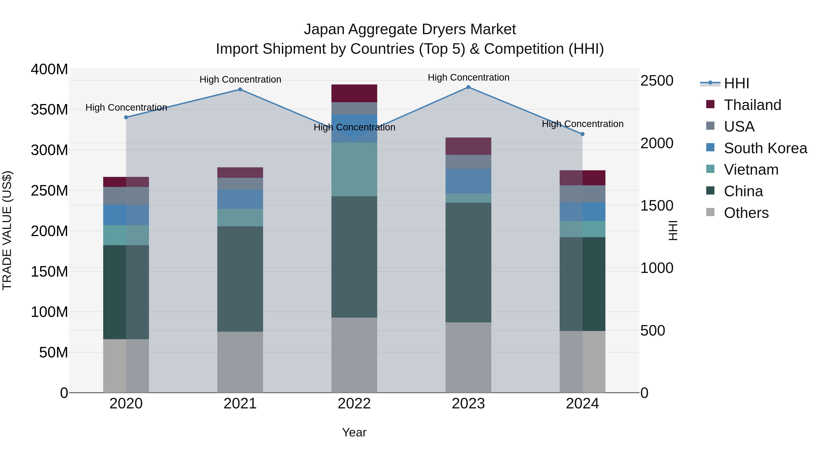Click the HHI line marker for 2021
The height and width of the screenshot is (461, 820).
(240, 89)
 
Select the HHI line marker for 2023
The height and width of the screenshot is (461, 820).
(468, 87)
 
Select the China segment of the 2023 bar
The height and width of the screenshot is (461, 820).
(468, 262)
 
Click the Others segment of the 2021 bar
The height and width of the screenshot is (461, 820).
(240, 362)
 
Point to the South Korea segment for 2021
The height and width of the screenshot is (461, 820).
(240, 199)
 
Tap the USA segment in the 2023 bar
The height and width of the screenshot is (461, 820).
(468, 162)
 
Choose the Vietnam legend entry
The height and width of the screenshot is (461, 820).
(751, 170)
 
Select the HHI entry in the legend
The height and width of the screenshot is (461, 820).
(736, 83)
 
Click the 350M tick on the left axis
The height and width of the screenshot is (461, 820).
(49, 110)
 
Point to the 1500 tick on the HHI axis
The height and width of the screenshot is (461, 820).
(656, 206)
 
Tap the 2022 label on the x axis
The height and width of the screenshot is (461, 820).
(354, 404)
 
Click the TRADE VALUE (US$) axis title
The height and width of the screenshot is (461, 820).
(7, 230)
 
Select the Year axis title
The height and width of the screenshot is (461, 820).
(354, 432)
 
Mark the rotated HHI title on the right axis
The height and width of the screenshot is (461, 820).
(673, 230)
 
